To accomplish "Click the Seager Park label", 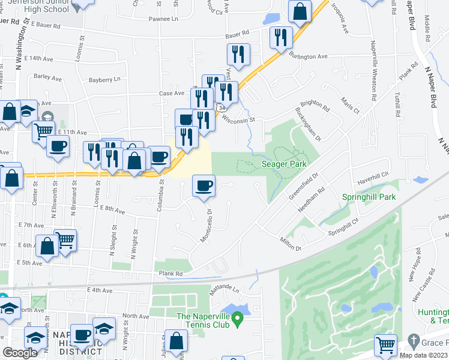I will coord(284,164).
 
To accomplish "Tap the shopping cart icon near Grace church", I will coord(385,345).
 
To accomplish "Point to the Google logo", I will coord(20,352).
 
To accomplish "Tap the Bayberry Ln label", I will coord(104,79).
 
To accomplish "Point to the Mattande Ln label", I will coord(224,289).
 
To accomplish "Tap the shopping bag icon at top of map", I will coord(299,11).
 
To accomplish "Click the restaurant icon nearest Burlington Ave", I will coord(280,37).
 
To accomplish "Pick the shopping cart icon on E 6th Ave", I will coord(65,239).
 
